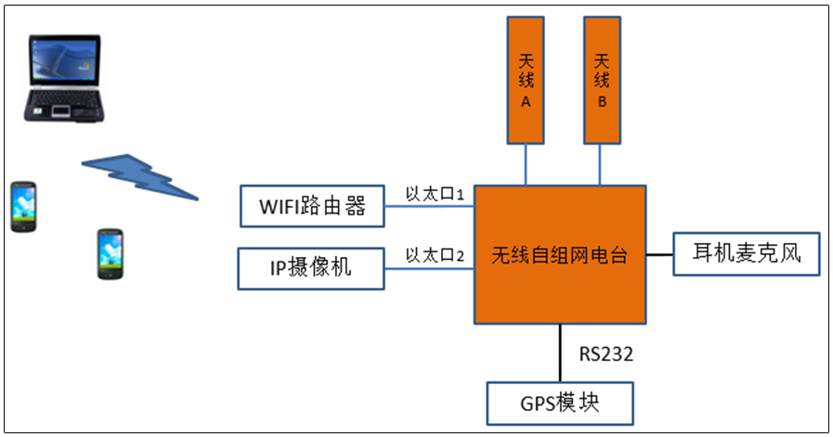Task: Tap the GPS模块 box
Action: (x=560, y=404)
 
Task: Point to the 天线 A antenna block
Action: (x=526, y=81)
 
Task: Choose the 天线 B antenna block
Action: (x=601, y=81)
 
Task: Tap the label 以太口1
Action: (x=435, y=194)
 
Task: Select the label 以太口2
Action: (x=435, y=254)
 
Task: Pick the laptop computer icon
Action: (x=63, y=80)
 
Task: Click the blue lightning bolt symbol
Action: (x=141, y=176)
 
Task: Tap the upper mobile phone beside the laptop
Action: (x=25, y=206)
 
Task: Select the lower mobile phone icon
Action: (x=111, y=253)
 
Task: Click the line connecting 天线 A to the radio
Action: (x=526, y=164)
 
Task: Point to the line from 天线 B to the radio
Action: (x=601, y=164)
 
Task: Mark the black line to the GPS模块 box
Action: (x=560, y=353)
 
